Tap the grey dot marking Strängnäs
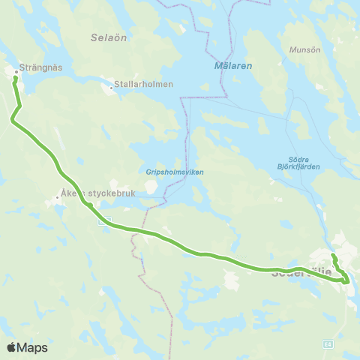(x=16, y=72)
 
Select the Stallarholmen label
(x=145, y=84)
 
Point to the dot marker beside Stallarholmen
(x=112, y=88)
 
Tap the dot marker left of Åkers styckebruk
(x=57, y=199)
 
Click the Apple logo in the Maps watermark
(x=11, y=347)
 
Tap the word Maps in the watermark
(x=32, y=347)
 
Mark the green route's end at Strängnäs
(x=15, y=77)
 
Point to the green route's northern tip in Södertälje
(x=332, y=256)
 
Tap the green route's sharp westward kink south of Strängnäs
(x=12, y=119)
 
